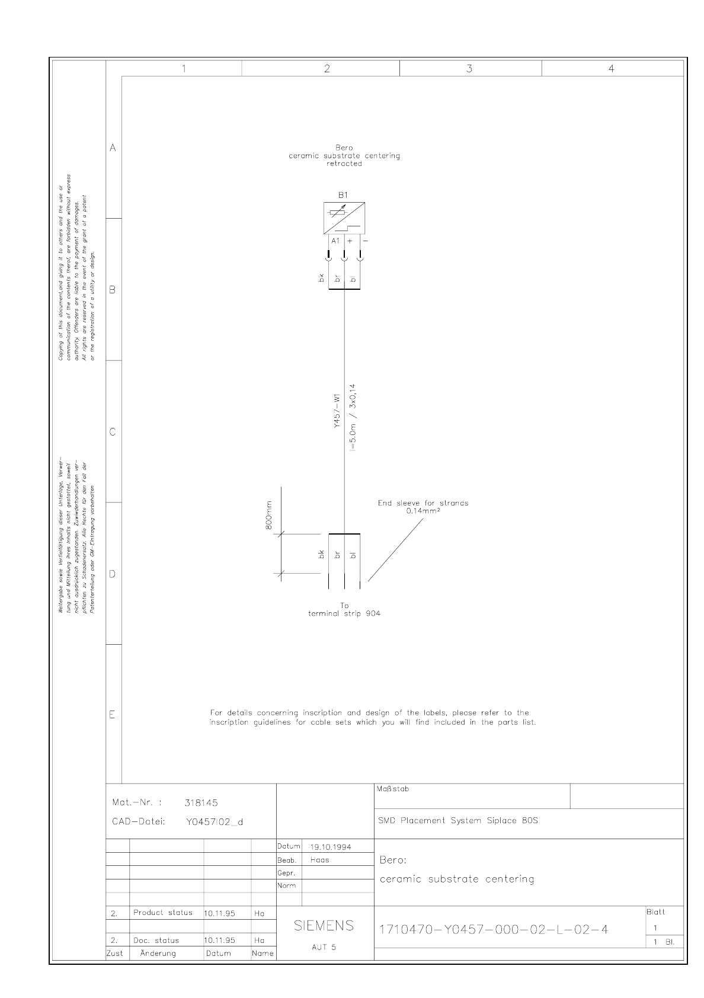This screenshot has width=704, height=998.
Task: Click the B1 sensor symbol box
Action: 344,218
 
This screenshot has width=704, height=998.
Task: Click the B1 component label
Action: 343,195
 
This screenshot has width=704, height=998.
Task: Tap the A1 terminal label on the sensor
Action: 335,241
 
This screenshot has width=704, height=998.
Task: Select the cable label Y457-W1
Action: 336,411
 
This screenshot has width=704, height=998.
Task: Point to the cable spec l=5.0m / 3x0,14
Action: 353,418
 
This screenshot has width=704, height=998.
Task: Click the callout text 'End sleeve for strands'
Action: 423,503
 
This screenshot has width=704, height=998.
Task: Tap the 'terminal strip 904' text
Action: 344,614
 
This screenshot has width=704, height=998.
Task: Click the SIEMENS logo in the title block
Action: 324,926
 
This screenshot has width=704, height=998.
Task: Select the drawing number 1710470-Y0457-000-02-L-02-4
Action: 494,929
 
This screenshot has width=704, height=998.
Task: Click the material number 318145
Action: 201,803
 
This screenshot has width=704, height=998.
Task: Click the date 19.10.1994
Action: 331,847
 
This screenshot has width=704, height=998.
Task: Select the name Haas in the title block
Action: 320,860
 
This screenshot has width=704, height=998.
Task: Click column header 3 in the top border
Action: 469,69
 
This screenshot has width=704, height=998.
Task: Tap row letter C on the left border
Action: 113,432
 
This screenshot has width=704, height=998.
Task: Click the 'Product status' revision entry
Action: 163,913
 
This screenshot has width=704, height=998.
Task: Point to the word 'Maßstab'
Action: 392,789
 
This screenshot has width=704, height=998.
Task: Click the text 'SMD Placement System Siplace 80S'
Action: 458,821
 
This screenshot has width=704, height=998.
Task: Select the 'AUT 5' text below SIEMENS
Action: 324,947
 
